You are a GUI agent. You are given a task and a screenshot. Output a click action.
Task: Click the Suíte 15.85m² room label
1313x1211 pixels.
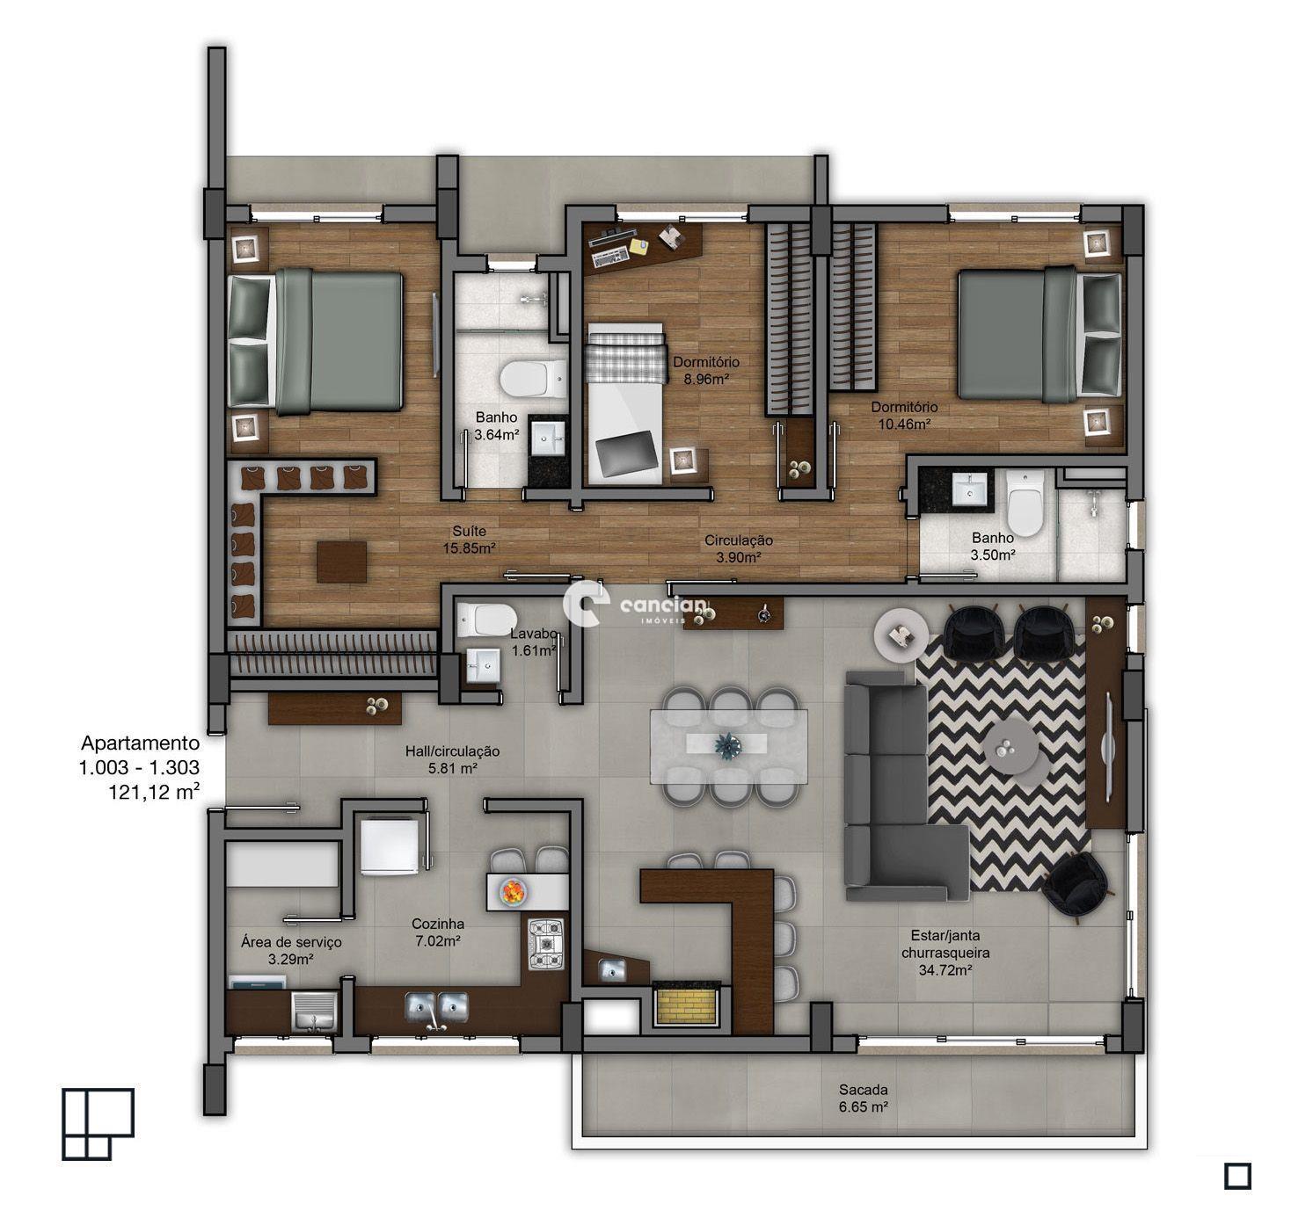(x=470, y=540)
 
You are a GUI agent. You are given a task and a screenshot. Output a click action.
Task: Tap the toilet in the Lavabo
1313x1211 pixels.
(x=480, y=620)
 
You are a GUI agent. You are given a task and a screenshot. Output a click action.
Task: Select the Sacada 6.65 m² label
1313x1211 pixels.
(x=863, y=1098)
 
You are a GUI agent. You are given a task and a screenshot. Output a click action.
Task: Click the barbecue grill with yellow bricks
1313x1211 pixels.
(x=689, y=1004)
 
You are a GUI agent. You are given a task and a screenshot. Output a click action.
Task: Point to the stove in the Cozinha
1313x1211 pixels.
(x=546, y=944)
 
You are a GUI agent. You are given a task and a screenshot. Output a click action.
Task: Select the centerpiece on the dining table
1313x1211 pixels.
(x=727, y=744)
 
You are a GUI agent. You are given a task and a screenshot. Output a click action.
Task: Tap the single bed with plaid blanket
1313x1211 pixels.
(x=624, y=400)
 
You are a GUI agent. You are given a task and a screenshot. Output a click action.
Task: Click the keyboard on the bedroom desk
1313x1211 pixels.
(x=610, y=257)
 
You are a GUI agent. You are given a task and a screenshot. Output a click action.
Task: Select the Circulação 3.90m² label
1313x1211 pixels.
(x=738, y=548)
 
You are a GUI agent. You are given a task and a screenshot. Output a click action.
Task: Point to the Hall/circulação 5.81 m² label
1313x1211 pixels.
(x=452, y=759)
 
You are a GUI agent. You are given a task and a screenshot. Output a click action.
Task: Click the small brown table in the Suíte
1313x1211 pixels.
(x=342, y=562)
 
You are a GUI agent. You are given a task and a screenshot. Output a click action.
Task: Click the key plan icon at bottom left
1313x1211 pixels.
(x=97, y=1123)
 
